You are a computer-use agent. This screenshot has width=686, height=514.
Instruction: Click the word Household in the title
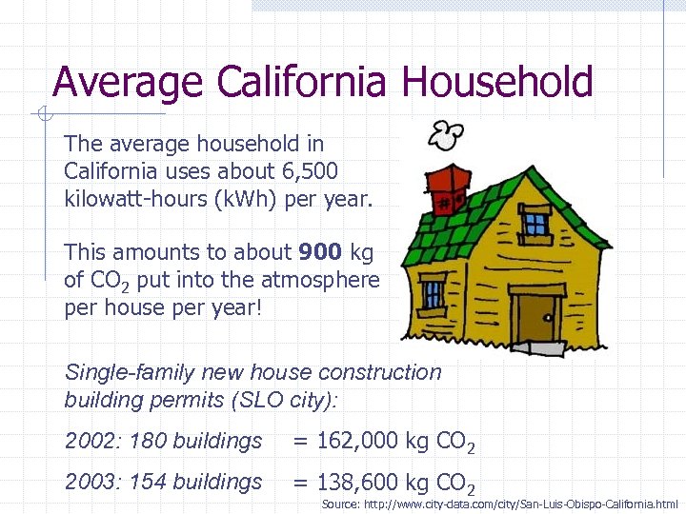[x=497, y=82]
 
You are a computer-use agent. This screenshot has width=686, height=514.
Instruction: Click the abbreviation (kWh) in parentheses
[x=243, y=198]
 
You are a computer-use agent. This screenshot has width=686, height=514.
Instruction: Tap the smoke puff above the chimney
[x=444, y=136]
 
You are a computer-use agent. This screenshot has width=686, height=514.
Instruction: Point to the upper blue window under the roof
[x=535, y=224]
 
